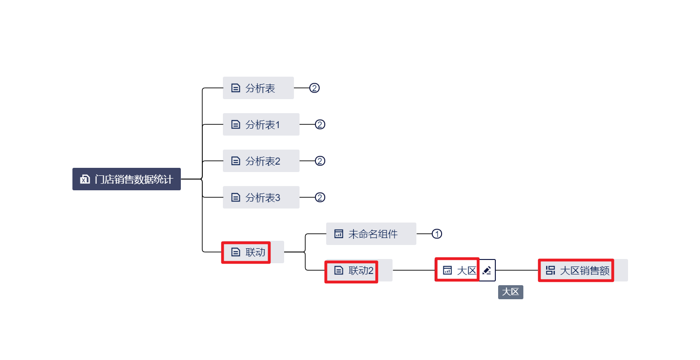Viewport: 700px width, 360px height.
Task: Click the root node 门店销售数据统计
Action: pyautogui.click(x=127, y=179)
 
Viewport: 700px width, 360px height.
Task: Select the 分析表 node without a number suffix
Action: pyautogui.click(x=258, y=88)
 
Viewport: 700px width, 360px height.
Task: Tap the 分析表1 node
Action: pyautogui.click(x=261, y=124)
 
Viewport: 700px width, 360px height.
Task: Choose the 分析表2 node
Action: pyautogui.click(x=261, y=161)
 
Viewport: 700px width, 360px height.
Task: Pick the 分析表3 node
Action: pyautogui.click(x=261, y=197)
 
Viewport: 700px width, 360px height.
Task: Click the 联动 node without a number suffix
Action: pyautogui.click(x=252, y=252)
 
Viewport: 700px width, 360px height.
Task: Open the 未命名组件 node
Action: pyautogui.click(x=371, y=234)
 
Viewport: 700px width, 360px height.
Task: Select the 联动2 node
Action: pyautogui.click(x=358, y=270)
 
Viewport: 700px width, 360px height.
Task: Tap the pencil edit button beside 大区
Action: pyautogui.click(x=487, y=270)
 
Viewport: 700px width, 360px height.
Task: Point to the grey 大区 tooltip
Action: pyautogui.click(x=510, y=292)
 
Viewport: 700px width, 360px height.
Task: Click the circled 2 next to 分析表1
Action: pyautogui.click(x=320, y=124)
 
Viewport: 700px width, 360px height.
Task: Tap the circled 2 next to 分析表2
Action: pyautogui.click(x=320, y=161)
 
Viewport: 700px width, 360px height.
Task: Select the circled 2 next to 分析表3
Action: pyautogui.click(x=320, y=197)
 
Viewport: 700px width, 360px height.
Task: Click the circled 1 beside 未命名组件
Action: pyautogui.click(x=436, y=234)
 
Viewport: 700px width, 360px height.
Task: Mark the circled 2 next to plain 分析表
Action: pyautogui.click(x=314, y=88)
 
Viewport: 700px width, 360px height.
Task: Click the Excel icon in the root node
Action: pyautogui.click(x=85, y=179)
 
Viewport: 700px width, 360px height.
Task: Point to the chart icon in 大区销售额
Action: pyautogui.click(x=550, y=270)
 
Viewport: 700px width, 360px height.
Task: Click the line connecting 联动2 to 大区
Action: pyautogui.click(x=414, y=270)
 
